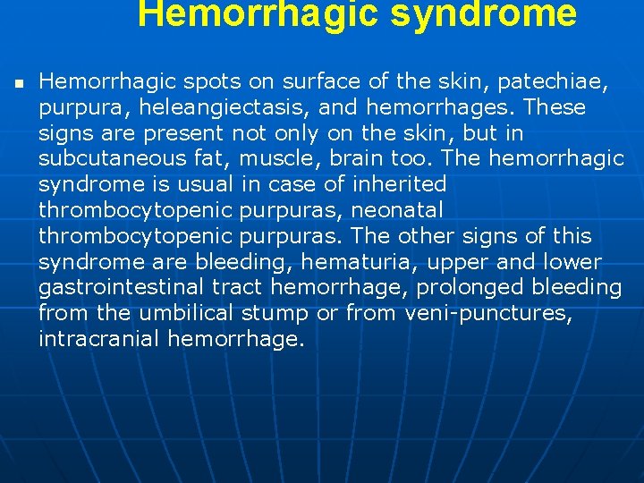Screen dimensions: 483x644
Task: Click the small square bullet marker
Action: [17, 83]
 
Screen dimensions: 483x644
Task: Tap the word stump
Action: [281, 314]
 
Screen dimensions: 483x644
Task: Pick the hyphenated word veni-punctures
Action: [488, 314]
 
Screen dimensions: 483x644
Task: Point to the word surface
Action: [318, 82]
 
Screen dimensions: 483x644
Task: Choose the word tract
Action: [237, 288]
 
